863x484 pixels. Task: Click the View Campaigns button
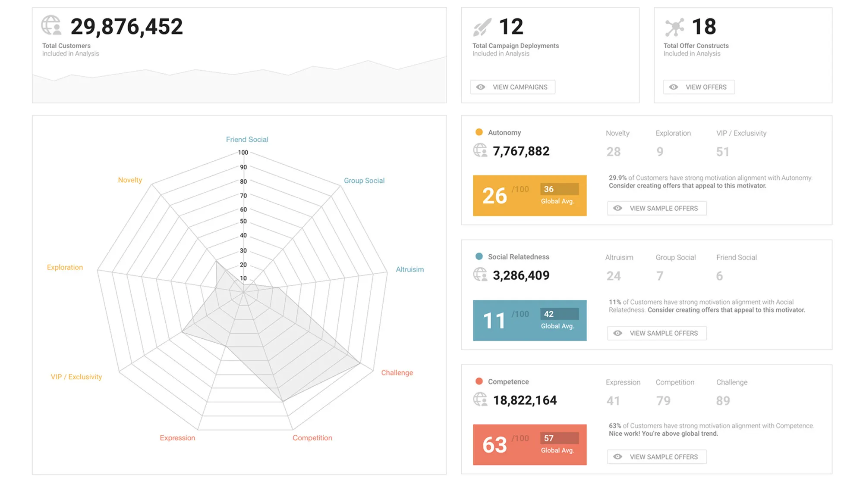click(x=513, y=87)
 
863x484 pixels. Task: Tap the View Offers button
click(x=699, y=87)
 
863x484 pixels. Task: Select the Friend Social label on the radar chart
click(x=247, y=139)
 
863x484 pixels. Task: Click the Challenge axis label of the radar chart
click(x=397, y=372)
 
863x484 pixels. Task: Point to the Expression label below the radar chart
click(x=177, y=437)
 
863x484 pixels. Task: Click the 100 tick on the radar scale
click(x=243, y=153)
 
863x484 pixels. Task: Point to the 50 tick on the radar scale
click(x=243, y=221)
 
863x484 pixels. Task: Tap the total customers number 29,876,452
click(x=127, y=27)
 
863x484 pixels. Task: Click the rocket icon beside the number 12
click(x=482, y=27)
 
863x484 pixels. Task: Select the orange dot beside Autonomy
click(x=479, y=132)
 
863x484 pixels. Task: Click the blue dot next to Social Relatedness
click(x=479, y=256)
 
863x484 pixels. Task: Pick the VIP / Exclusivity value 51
click(x=723, y=152)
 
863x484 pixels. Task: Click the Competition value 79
click(x=663, y=401)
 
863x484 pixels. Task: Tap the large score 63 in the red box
click(x=494, y=445)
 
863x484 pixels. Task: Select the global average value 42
click(x=548, y=314)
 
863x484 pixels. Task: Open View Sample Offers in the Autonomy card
click(x=657, y=208)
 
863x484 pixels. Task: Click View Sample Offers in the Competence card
click(x=657, y=457)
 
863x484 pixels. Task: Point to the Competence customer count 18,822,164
click(x=525, y=400)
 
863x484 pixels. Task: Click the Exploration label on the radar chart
click(x=65, y=267)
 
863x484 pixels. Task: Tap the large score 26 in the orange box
click(x=494, y=196)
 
